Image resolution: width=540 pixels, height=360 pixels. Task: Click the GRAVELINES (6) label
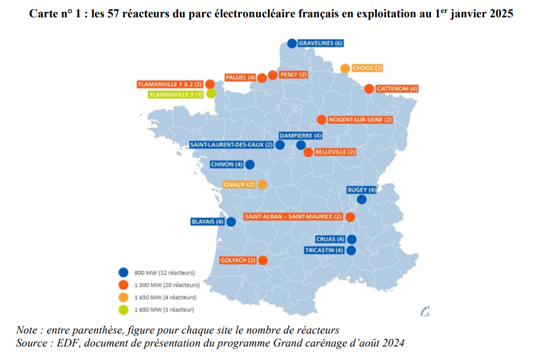pyautogui.click(x=321, y=43)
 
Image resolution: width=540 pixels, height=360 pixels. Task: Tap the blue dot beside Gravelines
pyautogui.click(x=292, y=43)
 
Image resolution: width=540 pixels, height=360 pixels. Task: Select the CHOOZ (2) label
pyautogui.click(x=368, y=68)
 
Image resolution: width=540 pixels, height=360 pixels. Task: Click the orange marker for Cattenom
pyautogui.click(x=369, y=89)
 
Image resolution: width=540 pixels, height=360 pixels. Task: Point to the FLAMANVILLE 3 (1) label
pyautogui.click(x=176, y=94)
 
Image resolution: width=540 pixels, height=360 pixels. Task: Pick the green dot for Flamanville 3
pyautogui.click(x=211, y=94)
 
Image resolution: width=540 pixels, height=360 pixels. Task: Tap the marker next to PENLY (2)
pyautogui.click(x=272, y=75)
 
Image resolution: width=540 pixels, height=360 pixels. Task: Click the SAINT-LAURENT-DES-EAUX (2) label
pyautogui.click(x=231, y=145)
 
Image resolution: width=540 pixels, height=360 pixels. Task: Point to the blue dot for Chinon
pyautogui.click(x=249, y=164)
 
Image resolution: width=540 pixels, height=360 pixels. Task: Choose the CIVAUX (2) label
pyautogui.click(x=238, y=184)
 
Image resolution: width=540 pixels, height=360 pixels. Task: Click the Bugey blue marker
pyautogui.click(x=362, y=199)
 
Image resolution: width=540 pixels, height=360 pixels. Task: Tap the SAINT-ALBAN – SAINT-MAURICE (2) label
pyautogui.click(x=293, y=217)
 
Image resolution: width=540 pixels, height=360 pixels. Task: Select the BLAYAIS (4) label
pyautogui.click(x=208, y=222)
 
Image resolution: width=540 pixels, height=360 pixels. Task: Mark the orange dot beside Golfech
pyautogui.click(x=263, y=261)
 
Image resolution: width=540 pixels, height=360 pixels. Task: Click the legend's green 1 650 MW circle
pyautogui.click(x=124, y=310)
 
